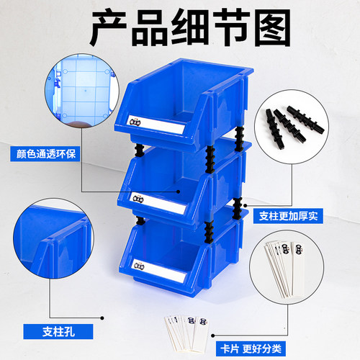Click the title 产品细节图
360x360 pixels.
[180, 27]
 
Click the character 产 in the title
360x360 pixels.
[109, 27]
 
